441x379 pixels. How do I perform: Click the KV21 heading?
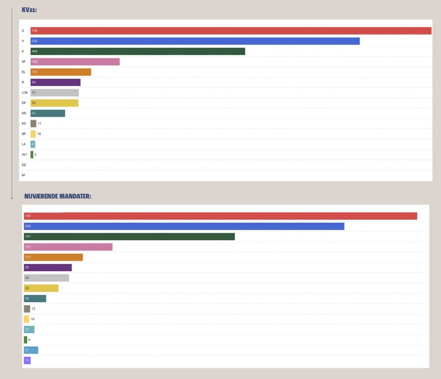tap(29, 10)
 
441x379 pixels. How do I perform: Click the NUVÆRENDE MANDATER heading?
tap(58, 196)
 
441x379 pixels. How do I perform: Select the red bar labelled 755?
tap(231, 31)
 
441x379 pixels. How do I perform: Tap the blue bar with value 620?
tap(195, 41)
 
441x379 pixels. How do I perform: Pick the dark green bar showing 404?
tap(138, 51)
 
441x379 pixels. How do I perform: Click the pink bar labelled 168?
tap(75, 62)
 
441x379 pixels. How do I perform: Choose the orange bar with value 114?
tap(61, 72)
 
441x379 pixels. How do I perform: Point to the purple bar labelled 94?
tap(55, 82)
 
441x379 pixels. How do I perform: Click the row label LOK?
tap(25, 93)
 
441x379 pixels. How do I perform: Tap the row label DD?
tap(24, 165)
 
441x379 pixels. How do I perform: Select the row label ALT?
tap(24, 154)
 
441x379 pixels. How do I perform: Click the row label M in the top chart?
tap(23, 175)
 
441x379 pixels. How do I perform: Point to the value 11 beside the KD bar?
tap(39, 124)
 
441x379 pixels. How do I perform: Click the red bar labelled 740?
tap(220, 216)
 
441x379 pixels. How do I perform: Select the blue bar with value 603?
tap(184, 226)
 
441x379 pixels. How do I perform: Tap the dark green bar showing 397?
tap(129, 237)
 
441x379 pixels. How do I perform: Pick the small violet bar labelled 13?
tap(27, 360)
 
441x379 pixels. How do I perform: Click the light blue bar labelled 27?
tap(31, 350)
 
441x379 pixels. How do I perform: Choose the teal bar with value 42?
tap(35, 299)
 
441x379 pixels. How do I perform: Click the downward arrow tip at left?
tap(12, 198)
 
